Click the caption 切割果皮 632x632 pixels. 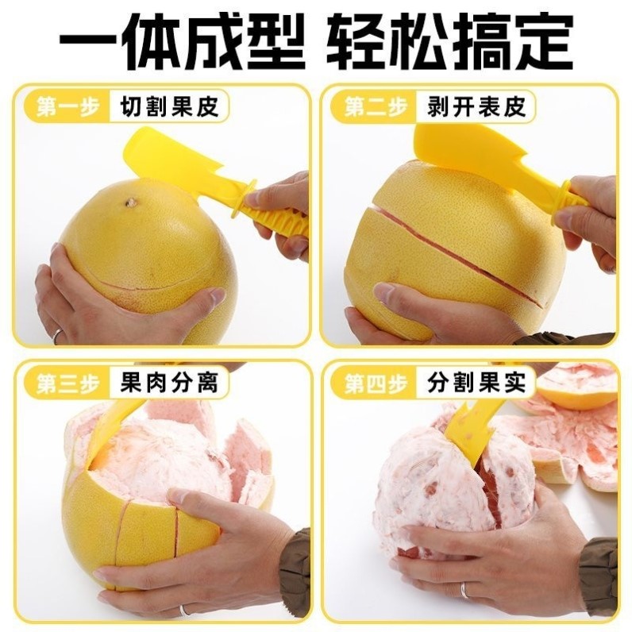coord(169,106)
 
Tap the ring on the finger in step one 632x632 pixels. coord(57,335)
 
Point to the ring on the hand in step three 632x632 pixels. coord(184,610)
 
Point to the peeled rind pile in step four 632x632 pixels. coord(572,445)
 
